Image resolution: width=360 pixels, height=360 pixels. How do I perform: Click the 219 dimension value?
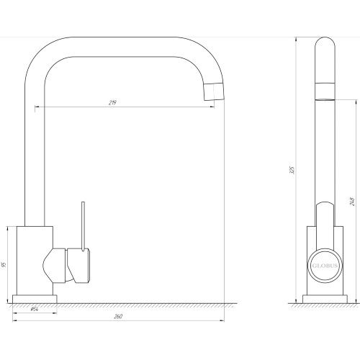(x=112, y=103)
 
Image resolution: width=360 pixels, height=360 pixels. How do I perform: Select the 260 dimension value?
(x=118, y=317)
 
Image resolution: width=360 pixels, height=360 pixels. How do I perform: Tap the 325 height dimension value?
(x=292, y=170)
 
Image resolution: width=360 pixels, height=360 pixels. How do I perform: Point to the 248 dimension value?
(x=352, y=202)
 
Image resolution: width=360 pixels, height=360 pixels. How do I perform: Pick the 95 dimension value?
(x=4, y=265)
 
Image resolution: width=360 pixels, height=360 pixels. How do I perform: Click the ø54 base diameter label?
(x=35, y=309)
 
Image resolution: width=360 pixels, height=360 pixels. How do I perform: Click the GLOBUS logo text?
(x=325, y=266)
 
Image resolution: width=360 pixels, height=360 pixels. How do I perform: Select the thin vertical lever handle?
(x=83, y=226)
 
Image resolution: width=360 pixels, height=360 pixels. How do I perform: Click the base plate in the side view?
(x=325, y=300)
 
